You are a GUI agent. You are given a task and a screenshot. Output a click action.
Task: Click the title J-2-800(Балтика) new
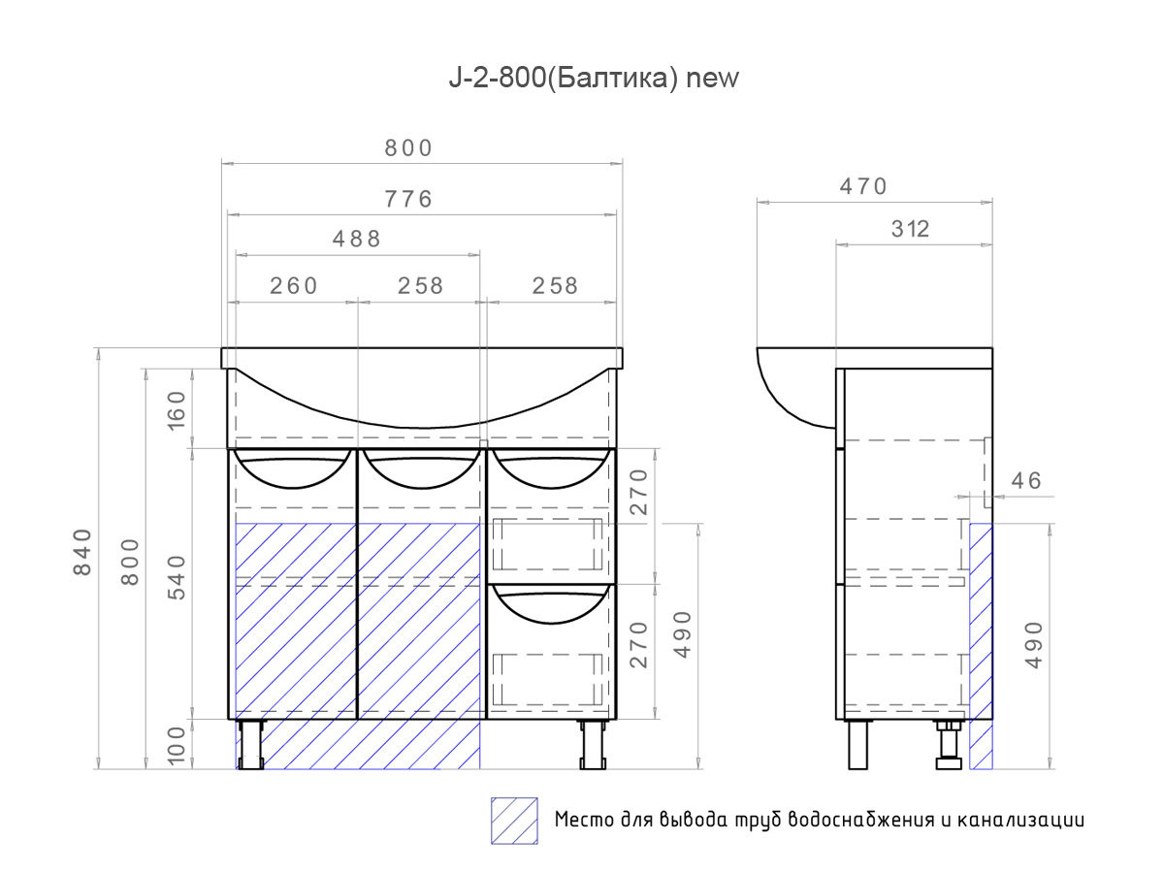[x=594, y=79]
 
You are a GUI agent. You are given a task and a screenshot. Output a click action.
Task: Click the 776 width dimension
[x=408, y=199]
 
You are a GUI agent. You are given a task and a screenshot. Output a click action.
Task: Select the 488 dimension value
[x=356, y=239]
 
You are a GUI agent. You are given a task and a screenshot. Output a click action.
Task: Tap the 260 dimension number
[x=293, y=286]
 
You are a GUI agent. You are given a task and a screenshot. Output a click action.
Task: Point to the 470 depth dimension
[x=863, y=186]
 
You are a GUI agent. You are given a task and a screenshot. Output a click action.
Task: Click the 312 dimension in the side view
[x=910, y=229]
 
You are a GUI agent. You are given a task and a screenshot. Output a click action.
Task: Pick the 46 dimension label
[x=1026, y=481]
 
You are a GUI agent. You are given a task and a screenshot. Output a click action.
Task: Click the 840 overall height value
[x=82, y=552]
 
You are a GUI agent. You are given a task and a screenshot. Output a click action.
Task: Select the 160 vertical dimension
[x=178, y=410]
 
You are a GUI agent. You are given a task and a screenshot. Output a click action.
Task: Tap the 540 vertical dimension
[x=178, y=578]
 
